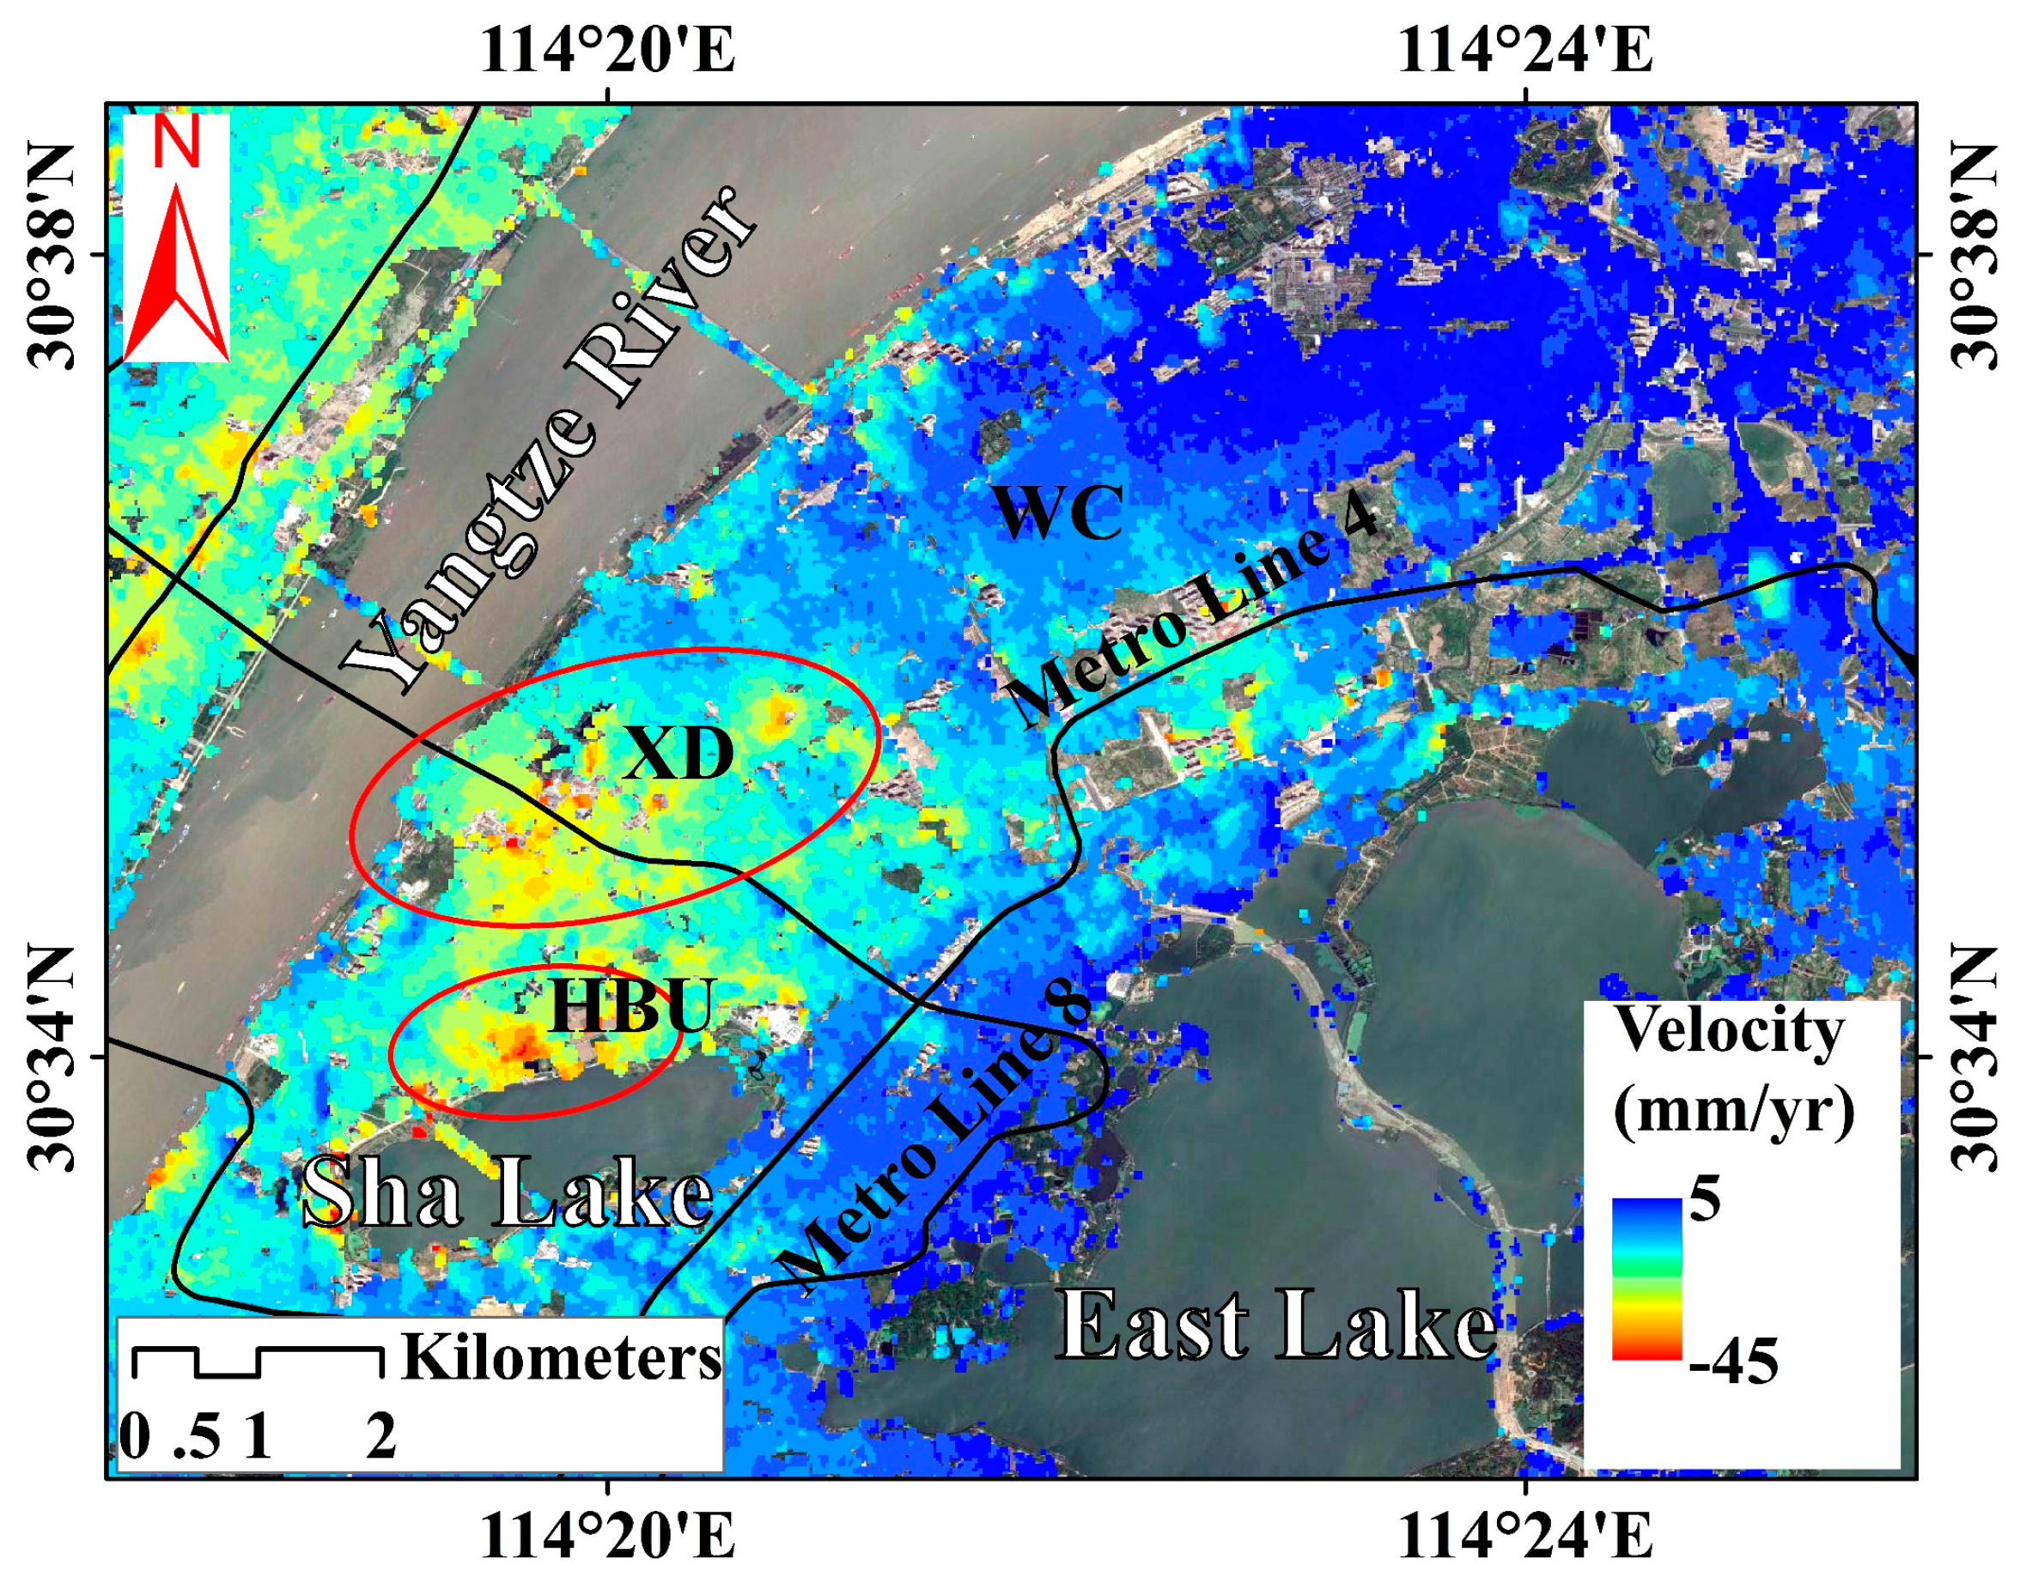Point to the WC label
pyautogui.click(x=1058, y=512)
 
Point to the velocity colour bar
pyautogui.click(x=1646, y=1279)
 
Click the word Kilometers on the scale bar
pyautogui.click(x=562, y=1359)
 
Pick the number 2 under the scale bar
pyautogui.click(x=381, y=1439)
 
